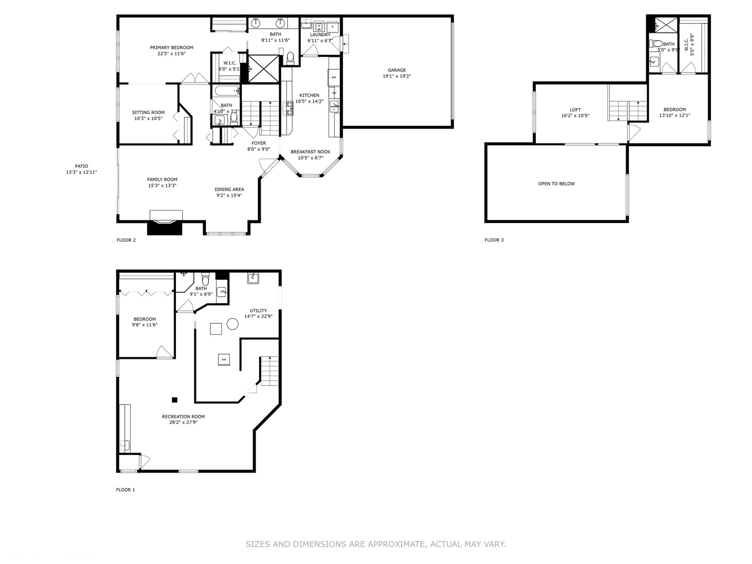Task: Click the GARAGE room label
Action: click(x=396, y=70)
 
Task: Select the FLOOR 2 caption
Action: click(x=126, y=240)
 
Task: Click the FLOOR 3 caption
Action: click(x=494, y=240)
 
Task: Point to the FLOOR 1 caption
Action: click(x=125, y=490)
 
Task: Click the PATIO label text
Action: click(x=81, y=166)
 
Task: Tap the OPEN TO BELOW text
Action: click(x=556, y=184)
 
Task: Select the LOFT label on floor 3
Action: click(x=575, y=110)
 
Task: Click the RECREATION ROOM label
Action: click(x=183, y=417)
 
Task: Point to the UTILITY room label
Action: click(x=258, y=311)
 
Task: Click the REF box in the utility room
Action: click(x=224, y=360)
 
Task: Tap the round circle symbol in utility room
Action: click(x=232, y=324)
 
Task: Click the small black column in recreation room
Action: click(x=174, y=400)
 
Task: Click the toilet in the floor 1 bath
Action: click(x=205, y=277)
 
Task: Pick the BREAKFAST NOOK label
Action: click(x=310, y=152)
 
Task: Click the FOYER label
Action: click(x=258, y=143)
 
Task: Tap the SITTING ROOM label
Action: click(x=148, y=112)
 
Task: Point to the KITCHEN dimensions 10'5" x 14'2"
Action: click(x=309, y=101)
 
